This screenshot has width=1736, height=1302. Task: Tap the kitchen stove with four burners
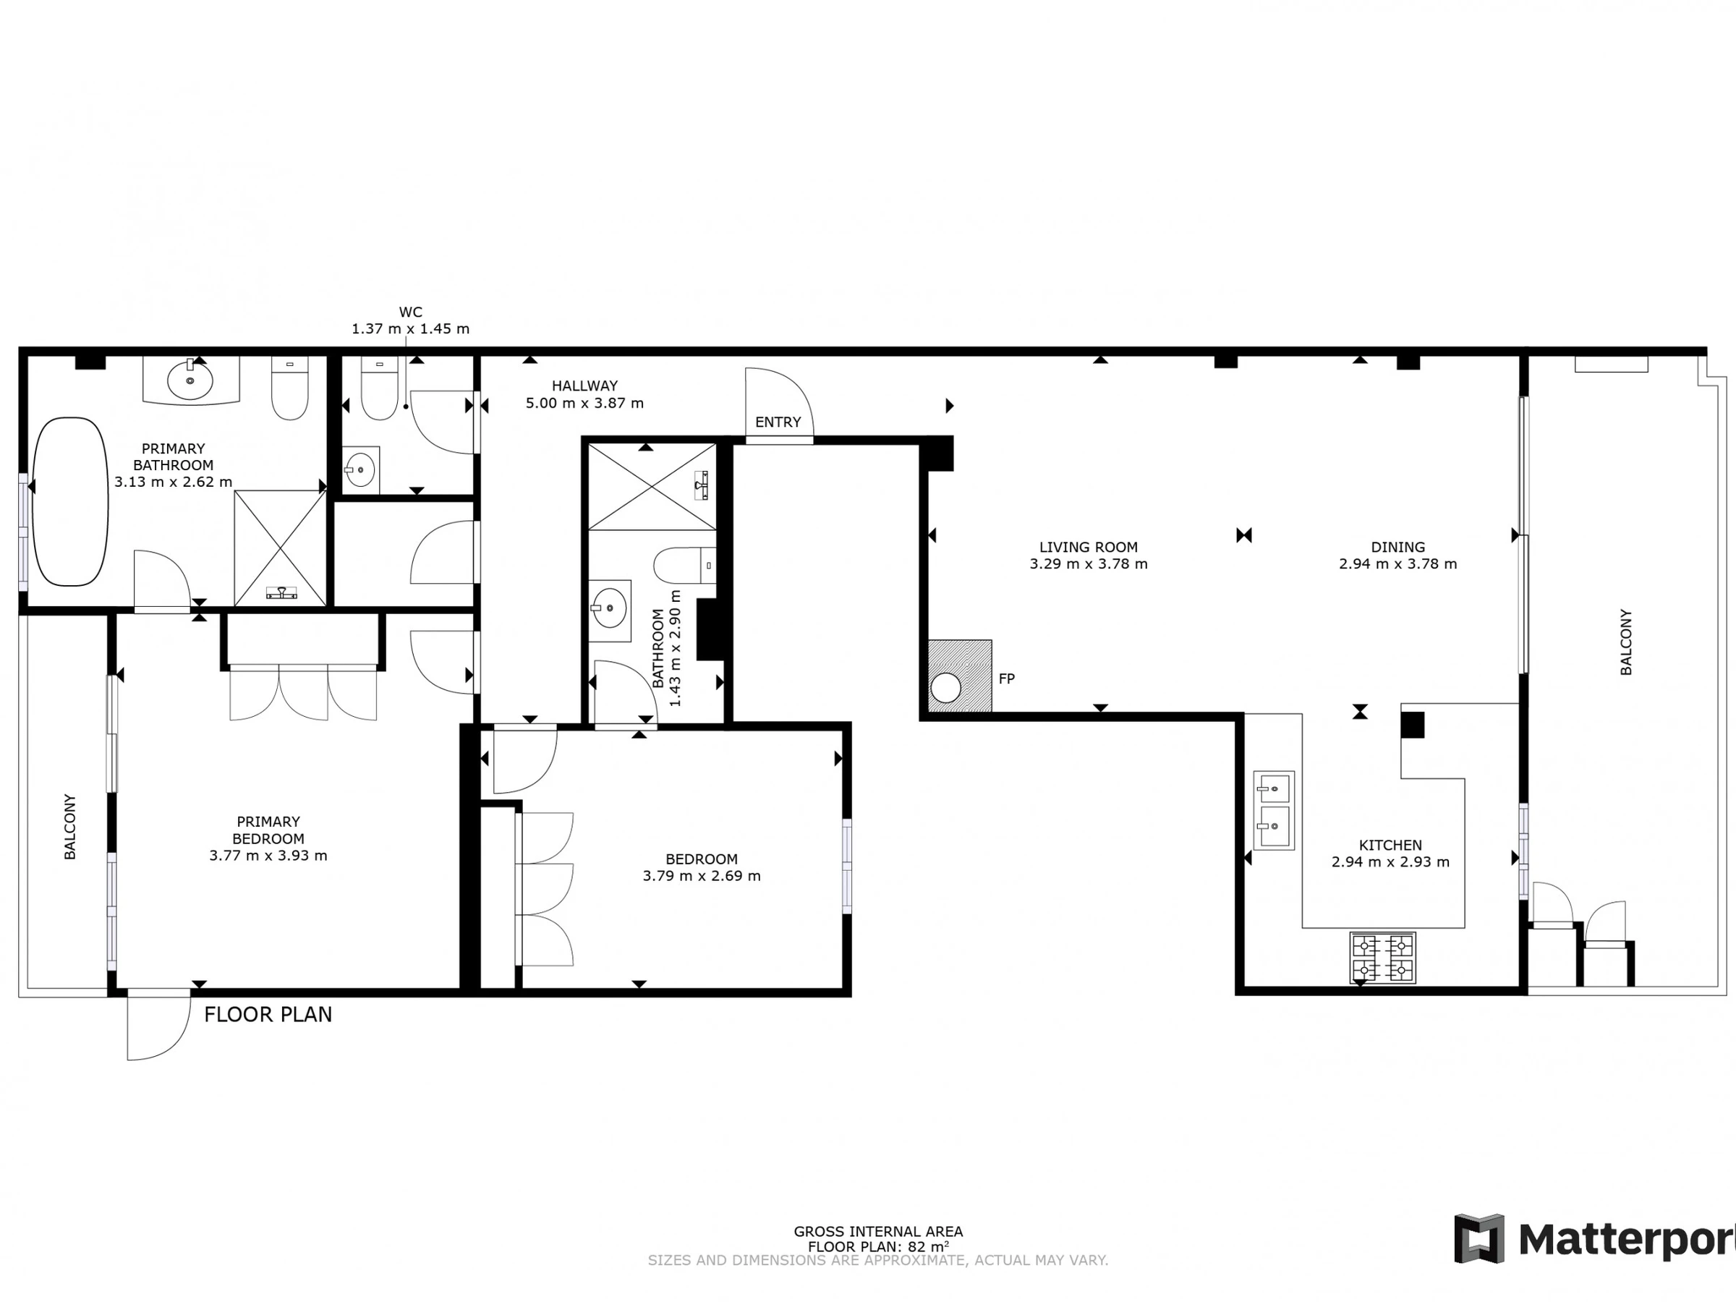pyautogui.click(x=1383, y=958)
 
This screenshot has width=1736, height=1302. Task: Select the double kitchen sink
pyautogui.click(x=1274, y=810)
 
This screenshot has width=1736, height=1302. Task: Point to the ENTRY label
pyautogui.click(x=778, y=422)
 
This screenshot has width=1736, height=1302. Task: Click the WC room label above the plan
pyautogui.click(x=410, y=312)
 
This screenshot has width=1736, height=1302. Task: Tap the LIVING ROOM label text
pyautogui.click(x=1089, y=547)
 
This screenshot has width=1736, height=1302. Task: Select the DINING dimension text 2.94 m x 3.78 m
pyautogui.click(x=1397, y=563)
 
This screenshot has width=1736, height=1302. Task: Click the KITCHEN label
pyautogui.click(x=1391, y=846)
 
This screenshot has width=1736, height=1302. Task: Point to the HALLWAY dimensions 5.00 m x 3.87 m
pyautogui.click(x=584, y=404)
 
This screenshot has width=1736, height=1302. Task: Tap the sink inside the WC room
pyautogui.click(x=361, y=470)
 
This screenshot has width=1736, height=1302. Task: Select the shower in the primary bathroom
pyautogui.click(x=280, y=548)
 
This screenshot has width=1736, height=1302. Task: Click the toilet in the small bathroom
pyautogui.click(x=684, y=565)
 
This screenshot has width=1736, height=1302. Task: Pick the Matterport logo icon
pyautogui.click(x=1479, y=1239)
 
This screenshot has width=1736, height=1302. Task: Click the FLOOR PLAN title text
pyautogui.click(x=268, y=1015)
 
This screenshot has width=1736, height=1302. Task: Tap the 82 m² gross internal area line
pyautogui.click(x=878, y=1246)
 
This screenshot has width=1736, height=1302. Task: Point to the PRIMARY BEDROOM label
pyautogui.click(x=268, y=830)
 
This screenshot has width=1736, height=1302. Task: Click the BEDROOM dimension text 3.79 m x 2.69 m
pyautogui.click(x=702, y=876)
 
